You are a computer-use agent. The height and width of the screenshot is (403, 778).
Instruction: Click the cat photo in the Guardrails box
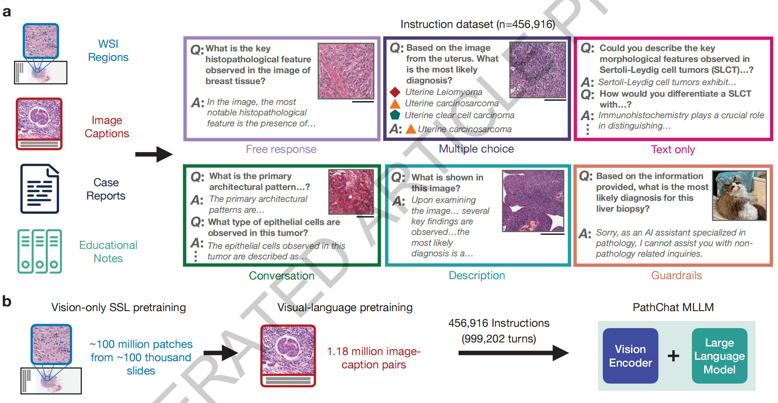pyautogui.click(x=739, y=195)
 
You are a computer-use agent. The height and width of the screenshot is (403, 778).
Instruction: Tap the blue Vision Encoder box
pyautogui.click(x=630, y=356)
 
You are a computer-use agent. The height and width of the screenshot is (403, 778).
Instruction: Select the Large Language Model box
pyautogui.click(x=719, y=356)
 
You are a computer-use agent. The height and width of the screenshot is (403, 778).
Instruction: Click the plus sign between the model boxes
pyautogui.click(x=673, y=356)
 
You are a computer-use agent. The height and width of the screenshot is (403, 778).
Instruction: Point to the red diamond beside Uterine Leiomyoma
pyautogui.click(x=395, y=92)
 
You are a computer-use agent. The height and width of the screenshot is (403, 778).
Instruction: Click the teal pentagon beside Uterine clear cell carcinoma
pyautogui.click(x=395, y=115)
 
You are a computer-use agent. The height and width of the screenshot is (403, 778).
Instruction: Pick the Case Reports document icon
pyautogui.click(x=40, y=189)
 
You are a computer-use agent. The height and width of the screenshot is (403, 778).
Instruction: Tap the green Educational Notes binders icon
pyautogui.click(x=40, y=252)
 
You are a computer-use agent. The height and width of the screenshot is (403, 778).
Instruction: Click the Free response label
pyautogui.click(x=281, y=149)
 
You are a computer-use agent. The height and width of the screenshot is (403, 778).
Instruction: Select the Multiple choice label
pyautogui.click(x=476, y=149)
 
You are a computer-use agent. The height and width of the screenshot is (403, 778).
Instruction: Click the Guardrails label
pyautogui.click(x=676, y=275)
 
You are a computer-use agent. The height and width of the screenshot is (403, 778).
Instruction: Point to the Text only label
pyautogui.click(x=673, y=149)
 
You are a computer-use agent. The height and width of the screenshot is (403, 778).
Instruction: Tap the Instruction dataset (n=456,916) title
pyautogui.click(x=477, y=24)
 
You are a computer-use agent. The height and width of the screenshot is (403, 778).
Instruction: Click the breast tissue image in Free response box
pyautogui.click(x=346, y=71)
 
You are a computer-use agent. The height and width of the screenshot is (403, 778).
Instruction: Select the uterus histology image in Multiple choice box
pyautogui.click(x=537, y=70)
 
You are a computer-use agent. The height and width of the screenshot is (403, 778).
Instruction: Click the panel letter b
pyautogui.click(x=7, y=302)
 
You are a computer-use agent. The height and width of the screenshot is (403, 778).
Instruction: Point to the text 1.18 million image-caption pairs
pyautogui.click(x=374, y=358)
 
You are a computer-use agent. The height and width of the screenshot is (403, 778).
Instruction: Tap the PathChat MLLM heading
pyautogui.click(x=673, y=307)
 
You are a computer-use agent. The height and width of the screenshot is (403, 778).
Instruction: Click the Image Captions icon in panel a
pyautogui.click(x=39, y=124)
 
